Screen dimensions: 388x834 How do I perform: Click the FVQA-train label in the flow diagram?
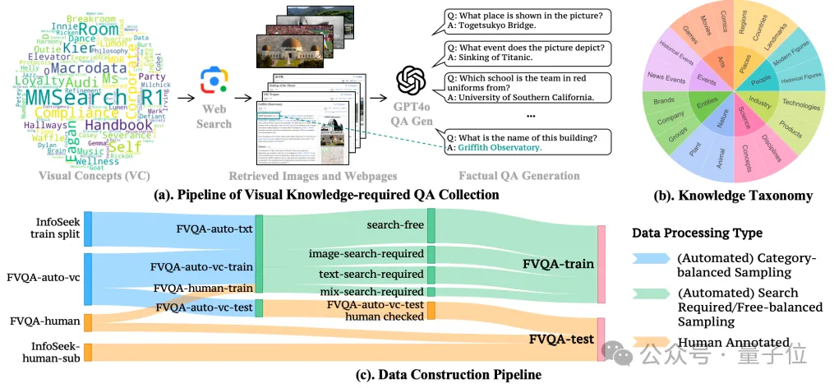point(558,264)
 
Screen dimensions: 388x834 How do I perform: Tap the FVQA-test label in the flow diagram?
point(561,339)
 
